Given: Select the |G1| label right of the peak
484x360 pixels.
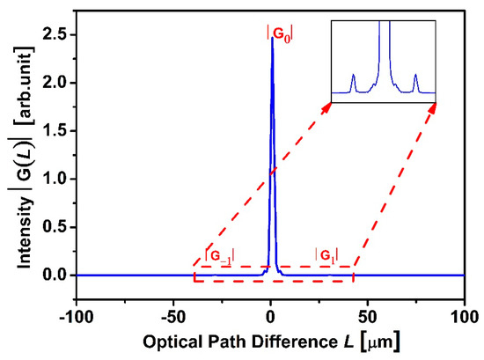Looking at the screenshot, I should (326, 255).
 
